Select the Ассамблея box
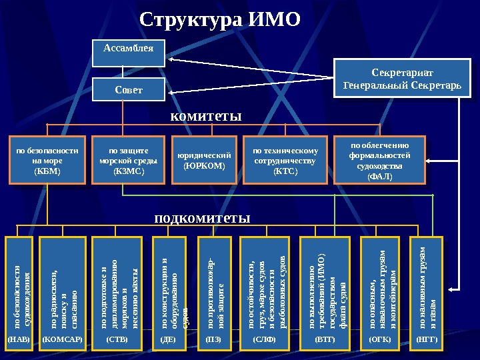click(128, 51)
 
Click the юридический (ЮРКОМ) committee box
click(204, 161)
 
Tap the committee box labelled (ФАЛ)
click(379, 161)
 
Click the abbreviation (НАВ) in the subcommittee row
click(19, 339)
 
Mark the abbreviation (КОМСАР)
click(63, 339)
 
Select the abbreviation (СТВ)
click(117, 339)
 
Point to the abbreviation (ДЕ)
click(169, 339)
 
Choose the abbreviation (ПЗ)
click(214, 339)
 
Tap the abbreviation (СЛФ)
click(265, 339)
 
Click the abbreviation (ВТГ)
click(325, 339)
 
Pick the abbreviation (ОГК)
click(381, 339)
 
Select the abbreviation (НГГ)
click(427, 339)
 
